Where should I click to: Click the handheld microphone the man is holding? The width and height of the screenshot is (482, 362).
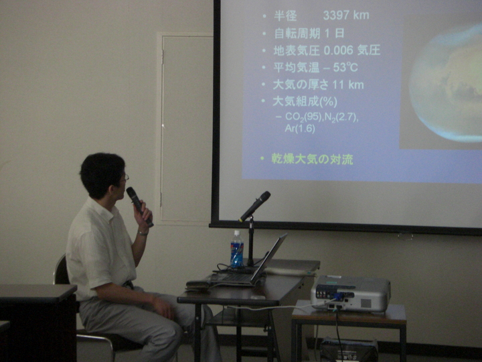pos(139,206)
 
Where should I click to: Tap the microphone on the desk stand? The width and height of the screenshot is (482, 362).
pos(254,206)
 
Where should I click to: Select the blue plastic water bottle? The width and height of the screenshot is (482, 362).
pos(237,249)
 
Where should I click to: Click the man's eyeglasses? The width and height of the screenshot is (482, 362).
pos(125,178)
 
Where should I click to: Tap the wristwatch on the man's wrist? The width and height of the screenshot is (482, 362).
pos(143,233)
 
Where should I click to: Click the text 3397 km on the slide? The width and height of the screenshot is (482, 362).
pos(346,15)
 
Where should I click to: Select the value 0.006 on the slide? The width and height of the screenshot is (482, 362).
pos(338,50)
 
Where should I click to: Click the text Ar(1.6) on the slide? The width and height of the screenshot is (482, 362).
pos(300,128)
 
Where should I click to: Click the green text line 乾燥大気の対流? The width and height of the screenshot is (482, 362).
pos(313,159)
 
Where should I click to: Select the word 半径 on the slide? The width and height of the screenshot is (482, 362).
pos(285,15)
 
